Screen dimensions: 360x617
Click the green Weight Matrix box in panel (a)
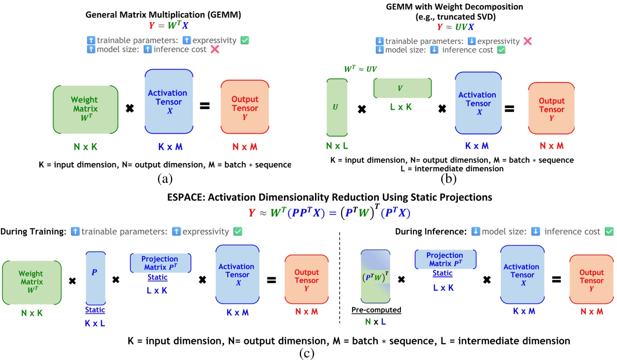point(85,110)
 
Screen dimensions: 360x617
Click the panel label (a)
point(164,178)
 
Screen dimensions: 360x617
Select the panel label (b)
point(448,178)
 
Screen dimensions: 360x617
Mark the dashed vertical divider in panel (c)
point(339,280)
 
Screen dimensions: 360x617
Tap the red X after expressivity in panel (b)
point(527,41)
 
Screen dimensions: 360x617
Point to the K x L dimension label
point(95,323)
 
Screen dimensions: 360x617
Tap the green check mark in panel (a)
point(245,40)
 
